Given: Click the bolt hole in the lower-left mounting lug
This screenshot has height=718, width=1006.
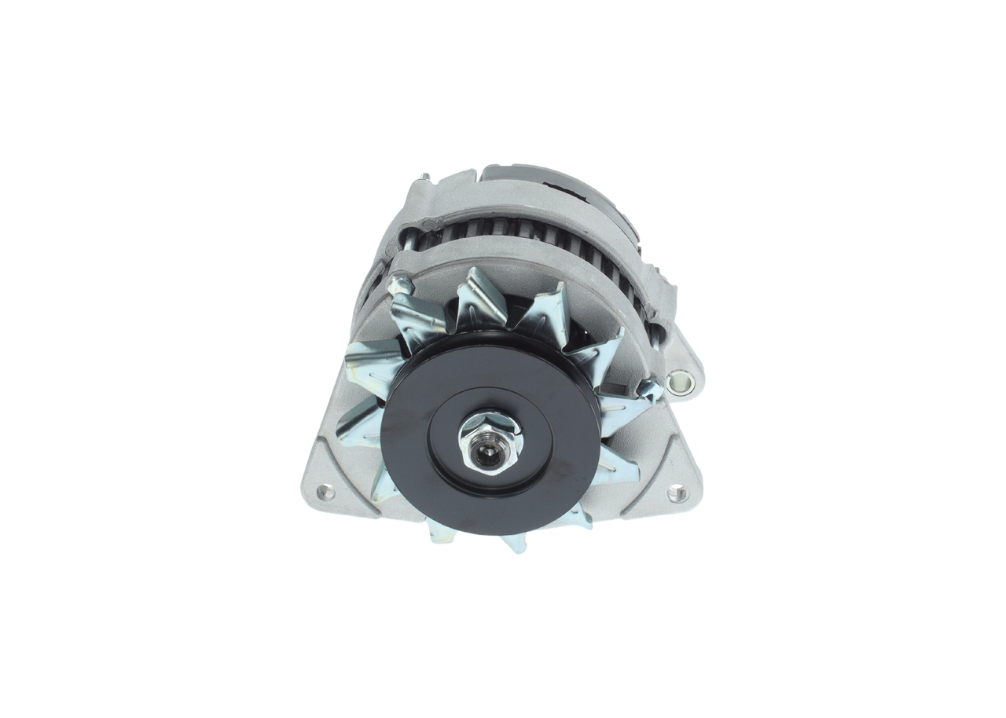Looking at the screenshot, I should point(324,493).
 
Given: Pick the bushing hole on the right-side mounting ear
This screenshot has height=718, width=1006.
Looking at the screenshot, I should point(681,383).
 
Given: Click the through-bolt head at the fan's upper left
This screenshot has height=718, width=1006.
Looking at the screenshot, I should point(399,284).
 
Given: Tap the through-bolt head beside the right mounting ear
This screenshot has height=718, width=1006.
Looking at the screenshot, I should point(648,387).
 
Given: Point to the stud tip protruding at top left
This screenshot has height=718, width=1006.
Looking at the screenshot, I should point(425,178).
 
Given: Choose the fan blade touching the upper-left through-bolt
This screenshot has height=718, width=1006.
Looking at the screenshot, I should point(417,318).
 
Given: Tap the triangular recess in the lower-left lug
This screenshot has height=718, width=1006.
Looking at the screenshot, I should point(346,479).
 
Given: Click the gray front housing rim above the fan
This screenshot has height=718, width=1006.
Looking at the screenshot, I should point(511,259).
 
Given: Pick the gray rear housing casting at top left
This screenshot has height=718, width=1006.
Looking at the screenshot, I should point(440,196).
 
